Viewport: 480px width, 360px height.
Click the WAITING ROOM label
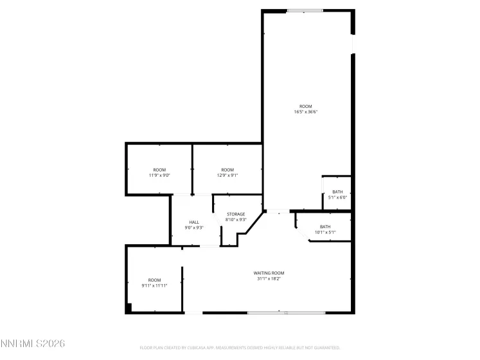268,273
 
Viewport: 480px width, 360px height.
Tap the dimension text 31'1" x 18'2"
268,279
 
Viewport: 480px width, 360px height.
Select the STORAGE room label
236,214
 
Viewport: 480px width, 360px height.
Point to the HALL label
194,222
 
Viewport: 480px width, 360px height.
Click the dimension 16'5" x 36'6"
305,112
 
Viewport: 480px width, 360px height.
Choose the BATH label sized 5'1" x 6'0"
337,192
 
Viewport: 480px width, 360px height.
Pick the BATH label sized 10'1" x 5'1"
325,226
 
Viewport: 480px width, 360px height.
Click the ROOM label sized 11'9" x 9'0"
159,170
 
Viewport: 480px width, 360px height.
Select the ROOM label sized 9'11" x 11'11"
154,280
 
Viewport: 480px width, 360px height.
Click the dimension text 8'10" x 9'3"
236,220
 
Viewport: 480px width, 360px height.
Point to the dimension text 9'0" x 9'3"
194,228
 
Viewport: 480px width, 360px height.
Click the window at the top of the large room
305,10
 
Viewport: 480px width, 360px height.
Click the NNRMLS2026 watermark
32,344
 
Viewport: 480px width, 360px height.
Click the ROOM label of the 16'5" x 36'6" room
305,106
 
